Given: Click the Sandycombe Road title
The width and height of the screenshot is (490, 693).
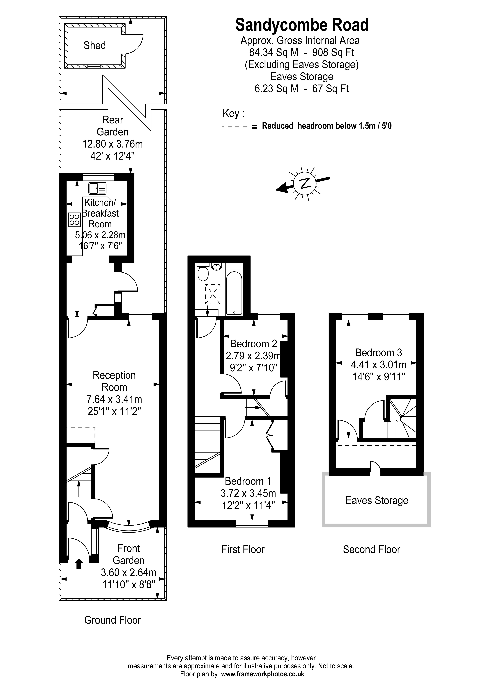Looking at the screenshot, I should tap(302, 25).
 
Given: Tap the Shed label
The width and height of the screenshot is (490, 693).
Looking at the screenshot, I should tap(94, 46).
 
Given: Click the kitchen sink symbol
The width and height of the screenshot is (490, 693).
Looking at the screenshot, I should tap(97, 188).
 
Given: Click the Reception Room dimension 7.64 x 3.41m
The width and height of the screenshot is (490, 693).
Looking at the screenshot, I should tap(114, 399).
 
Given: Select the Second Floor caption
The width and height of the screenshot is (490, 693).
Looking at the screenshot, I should tap(371, 549).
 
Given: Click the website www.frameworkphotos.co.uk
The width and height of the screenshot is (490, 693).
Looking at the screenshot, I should tap(263, 674).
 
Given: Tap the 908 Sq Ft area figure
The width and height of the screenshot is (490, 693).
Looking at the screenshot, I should tap(333, 53).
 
